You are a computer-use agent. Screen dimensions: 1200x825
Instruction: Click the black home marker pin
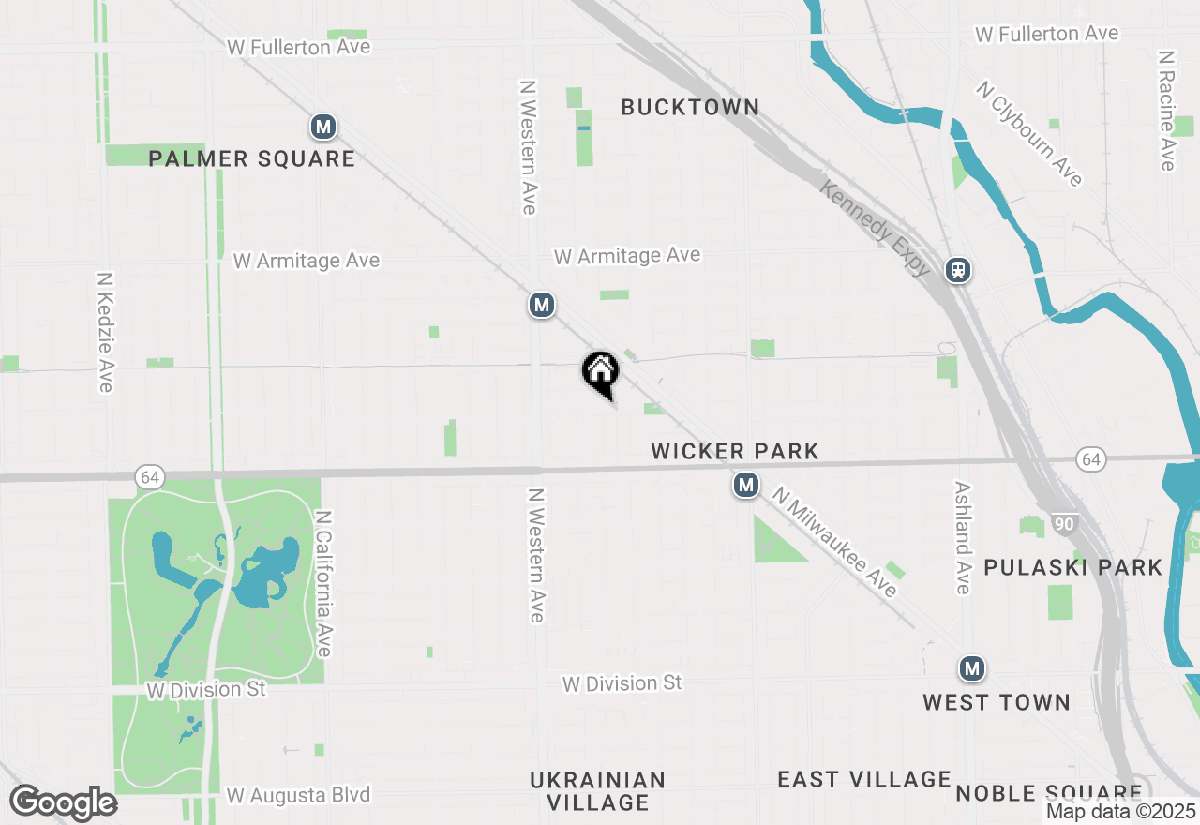click(601, 371)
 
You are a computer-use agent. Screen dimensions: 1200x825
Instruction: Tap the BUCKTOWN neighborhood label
click(690, 108)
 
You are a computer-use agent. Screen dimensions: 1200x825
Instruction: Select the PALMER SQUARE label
click(252, 159)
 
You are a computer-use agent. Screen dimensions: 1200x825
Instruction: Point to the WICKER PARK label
click(735, 452)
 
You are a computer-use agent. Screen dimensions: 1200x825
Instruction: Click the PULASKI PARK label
click(1072, 568)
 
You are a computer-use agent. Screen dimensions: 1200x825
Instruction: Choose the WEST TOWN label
click(996, 703)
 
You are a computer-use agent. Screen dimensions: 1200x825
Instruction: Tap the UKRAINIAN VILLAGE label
click(598, 791)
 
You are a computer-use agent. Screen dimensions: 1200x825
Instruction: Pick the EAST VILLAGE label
click(864, 780)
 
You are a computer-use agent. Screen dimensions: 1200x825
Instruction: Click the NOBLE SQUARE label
click(1048, 793)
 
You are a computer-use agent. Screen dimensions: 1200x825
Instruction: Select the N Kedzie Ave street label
click(105, 333)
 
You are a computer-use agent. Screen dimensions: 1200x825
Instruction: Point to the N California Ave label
click(324, 583)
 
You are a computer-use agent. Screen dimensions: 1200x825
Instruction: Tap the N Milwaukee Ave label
click(834, 541)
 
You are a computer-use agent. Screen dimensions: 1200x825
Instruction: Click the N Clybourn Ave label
click(1029, 133)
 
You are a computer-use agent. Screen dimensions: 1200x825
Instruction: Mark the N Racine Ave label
click(1166, 111)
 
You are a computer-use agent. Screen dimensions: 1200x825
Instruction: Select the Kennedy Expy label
click(876, 228)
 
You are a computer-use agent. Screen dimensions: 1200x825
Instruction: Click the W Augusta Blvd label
click(299, 795)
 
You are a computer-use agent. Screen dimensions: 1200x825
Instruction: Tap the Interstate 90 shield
click(1063, 524)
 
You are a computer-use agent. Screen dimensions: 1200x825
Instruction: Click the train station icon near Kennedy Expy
click(957, 270)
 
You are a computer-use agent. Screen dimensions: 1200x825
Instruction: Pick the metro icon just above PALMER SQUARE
click(323, 127)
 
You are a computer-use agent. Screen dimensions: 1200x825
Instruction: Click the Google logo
click(63, 803)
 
